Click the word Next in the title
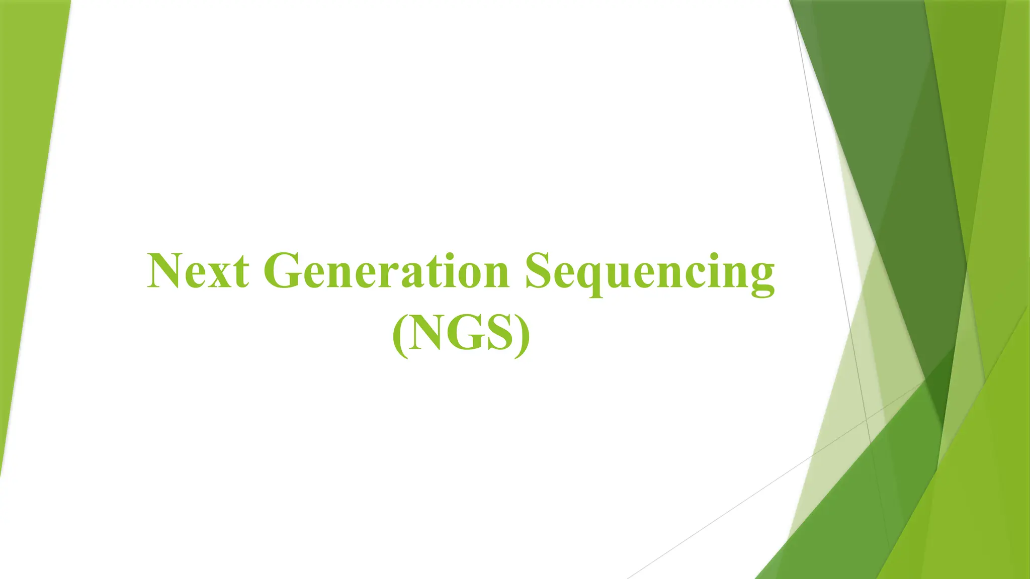tap(198, 271)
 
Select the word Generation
tap(386, 271)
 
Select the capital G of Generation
tap(283, 271)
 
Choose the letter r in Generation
tap(389, 276)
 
